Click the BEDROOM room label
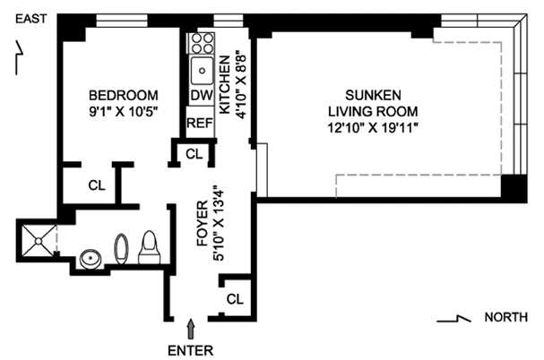coord(124,95)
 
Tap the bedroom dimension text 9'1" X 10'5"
coord(124,112)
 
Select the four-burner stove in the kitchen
coord(202,43)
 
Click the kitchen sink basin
coord(202,71)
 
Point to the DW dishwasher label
coord(202,95)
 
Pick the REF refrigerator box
coord(200,122)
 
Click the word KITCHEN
coord(225,85)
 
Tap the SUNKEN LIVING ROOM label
coord(373,103)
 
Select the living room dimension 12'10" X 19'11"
coord(373,128)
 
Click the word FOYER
coord(203,223)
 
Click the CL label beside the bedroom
coord(97,185)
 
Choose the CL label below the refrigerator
coord(194,154)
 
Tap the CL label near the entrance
coord(235,298)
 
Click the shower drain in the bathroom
coord(39,241)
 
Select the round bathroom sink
coord(91,259)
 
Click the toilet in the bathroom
coord(150,248)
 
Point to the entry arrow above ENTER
coord(191,329)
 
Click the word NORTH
coord(506,317)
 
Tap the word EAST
coord(31,19)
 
